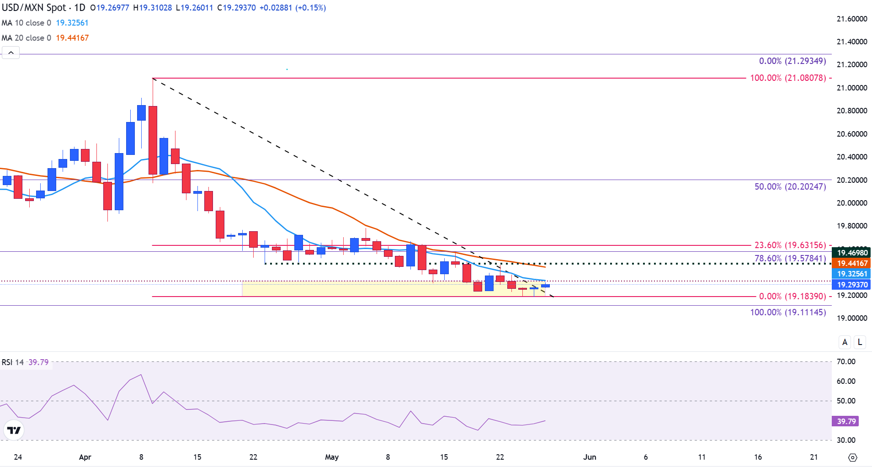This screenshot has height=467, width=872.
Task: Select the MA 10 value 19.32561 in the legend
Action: click(x=72, y=23)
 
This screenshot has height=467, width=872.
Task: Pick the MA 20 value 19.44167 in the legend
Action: click(x=72, y=38)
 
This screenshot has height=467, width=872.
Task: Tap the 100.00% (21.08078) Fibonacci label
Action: click(x=788, y=78)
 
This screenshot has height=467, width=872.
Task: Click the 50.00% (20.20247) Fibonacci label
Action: click(x=790, y=187)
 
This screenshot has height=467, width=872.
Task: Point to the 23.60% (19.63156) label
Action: click(x=790, y=245)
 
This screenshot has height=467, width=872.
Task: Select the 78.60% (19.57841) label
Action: click(x=790, y=259)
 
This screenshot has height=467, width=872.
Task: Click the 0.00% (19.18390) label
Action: click(x=792, y=297)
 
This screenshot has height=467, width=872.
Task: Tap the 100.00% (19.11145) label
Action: click(x=788, y=313)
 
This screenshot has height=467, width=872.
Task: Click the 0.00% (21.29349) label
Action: click(x=792, y=61)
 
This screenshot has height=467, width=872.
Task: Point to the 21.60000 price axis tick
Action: click(x=852, y=19)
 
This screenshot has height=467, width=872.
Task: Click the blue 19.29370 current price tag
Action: click(x=852, y=285)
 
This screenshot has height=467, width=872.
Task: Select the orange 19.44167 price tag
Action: click(x=852, y=263)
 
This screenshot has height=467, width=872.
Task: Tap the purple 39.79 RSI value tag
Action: click(x=846, y=421)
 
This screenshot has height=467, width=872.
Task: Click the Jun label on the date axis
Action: click(x=590, y=457)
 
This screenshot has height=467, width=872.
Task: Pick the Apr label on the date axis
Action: click(x=85, y=457)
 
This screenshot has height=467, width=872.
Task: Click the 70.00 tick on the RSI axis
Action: click(x=846, y=362)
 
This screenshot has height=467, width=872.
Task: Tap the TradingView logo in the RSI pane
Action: click(x=14, y=430)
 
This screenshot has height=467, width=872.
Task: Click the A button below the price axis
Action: click(x=845, y=342)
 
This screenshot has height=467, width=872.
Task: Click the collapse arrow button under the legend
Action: click(x=11, y=53)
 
